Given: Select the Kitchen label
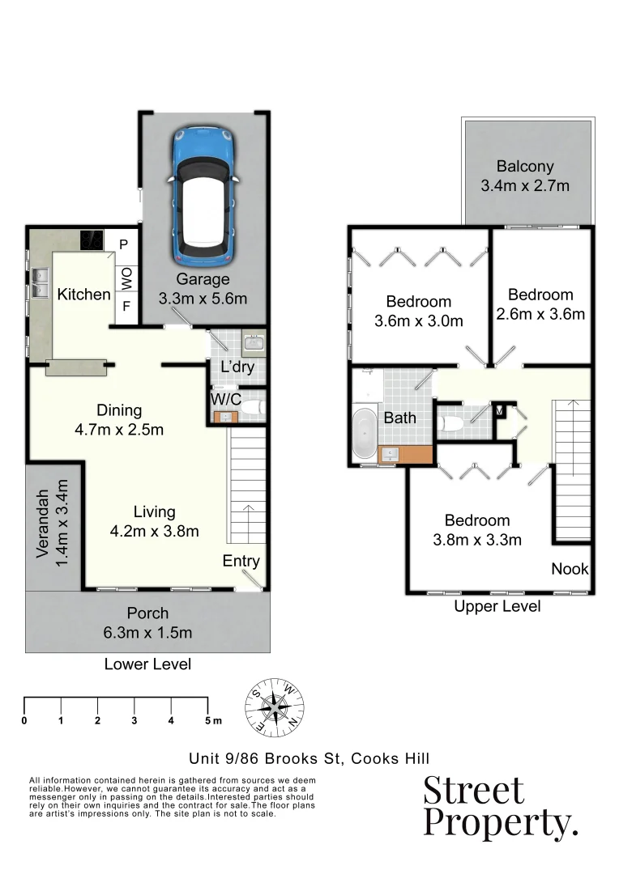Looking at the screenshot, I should [x=83, y=294].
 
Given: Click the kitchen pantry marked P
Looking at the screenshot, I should [x=124, y=244].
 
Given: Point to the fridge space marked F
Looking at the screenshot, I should [x=125, y=307].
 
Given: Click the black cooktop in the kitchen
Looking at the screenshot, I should [x=91, y=240].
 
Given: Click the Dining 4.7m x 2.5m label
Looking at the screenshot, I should [x=119, y=419].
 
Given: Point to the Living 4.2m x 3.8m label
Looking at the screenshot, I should [x=154, y=521].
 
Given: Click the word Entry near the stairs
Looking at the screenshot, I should [x=241, y=561].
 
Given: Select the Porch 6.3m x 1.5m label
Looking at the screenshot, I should [x=147, y=622].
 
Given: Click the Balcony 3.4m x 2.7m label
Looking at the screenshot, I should [x=525, y=176].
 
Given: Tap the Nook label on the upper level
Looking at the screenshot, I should [x=570, y=569].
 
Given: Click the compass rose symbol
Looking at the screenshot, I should [x=276, y=710].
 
